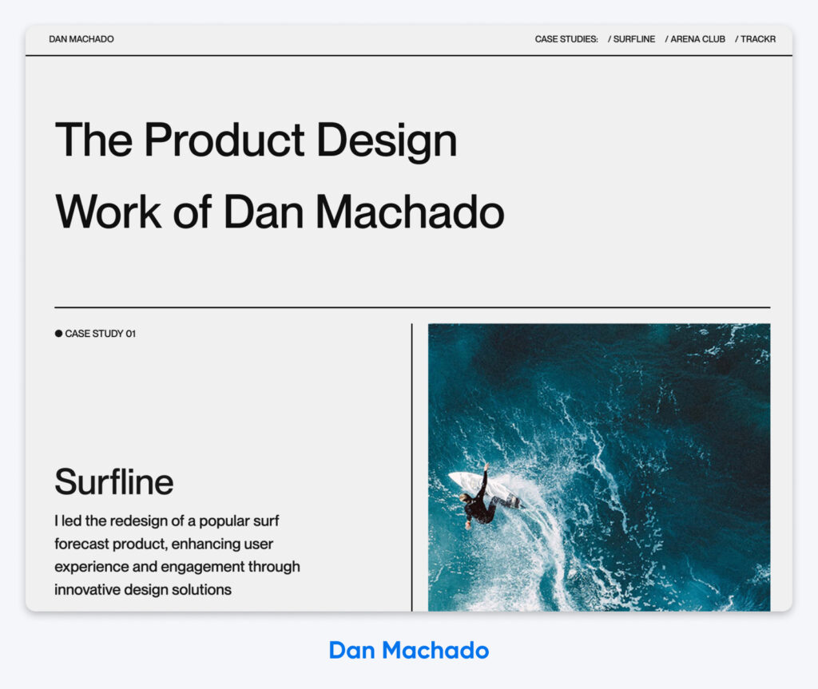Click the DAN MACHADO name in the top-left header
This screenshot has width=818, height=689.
81,39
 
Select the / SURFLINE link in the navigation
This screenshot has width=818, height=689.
631,39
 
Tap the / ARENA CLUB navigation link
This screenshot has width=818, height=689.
695,39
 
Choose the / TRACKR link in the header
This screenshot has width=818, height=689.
755,39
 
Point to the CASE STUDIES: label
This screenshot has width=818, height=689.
566,39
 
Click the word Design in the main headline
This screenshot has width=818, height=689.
387,141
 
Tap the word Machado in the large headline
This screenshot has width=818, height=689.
409,212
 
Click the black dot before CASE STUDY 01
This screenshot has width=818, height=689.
58,334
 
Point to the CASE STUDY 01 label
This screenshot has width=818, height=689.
100,334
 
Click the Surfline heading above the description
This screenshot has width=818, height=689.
113,482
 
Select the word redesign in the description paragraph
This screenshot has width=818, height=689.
138,521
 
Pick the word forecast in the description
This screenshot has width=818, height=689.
84,544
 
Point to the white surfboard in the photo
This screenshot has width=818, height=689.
471,482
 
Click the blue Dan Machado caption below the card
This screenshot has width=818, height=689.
408,650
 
